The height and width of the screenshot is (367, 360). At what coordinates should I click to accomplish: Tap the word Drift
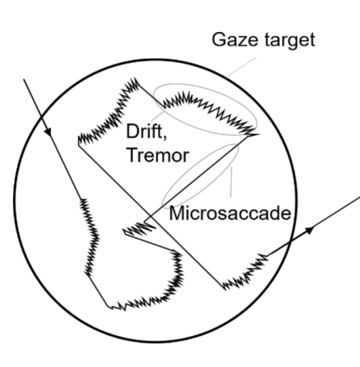tap(144, 131)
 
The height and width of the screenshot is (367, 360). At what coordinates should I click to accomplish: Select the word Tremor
tap(158, 155)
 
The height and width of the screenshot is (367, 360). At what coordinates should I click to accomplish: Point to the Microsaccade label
tap(230, 214)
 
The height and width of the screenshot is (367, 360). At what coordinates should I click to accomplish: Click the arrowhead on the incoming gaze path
tap(48, 131)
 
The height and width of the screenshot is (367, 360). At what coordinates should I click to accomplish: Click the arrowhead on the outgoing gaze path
tap(309, 229)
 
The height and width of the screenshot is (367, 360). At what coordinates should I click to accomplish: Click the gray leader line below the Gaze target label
tap(241, 67)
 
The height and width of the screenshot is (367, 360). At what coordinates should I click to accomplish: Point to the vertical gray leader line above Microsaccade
tap(231, 182)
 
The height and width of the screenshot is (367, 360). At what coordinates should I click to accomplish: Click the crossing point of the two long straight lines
tap(151, 217)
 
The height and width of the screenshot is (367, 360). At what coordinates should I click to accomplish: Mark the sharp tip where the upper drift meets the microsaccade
tap(259, 134)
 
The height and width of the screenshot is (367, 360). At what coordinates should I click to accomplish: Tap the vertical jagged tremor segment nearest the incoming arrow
tap(90, 237)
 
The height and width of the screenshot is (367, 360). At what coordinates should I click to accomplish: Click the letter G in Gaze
tap(219, 40)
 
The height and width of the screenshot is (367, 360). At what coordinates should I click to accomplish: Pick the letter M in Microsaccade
tap(177, 214)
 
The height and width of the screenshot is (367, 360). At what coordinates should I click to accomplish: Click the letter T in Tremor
tap(133, 155)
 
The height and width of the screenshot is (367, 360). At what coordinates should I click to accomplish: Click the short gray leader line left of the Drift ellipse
tap(157, 115)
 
